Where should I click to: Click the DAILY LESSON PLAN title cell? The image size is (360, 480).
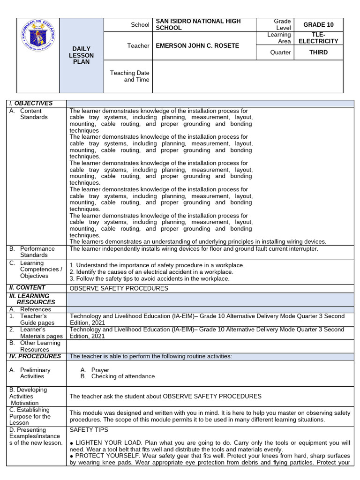pyautogui.click(x=81, y=55)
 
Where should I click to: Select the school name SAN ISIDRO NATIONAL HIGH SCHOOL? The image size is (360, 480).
pyautogui.click(x=198, y=24)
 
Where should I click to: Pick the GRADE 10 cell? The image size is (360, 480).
pyautogui.click(x=318, y=25)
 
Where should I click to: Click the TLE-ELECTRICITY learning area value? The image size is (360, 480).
pyautogui.click(x=318, y=38)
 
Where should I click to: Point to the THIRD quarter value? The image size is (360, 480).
pyautogui.click(x=318, y=52)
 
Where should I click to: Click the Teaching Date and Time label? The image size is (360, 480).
pyautogui.click(x=130, y=76)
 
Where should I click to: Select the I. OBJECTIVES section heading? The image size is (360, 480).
pyautogui.click(x=31, y=103)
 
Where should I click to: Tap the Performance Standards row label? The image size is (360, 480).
pyautogui.click(x=37, y=252)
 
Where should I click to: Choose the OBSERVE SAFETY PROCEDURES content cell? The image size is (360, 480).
pyautogui.click(x=119, y=288)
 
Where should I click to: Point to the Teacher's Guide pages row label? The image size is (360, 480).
pyautogui.click(x=38, y=320)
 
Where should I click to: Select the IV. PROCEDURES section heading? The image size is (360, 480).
pyautogui.click(x=35, y=356)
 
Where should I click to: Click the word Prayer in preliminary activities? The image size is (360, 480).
pyautogui.click(x=100, y=370)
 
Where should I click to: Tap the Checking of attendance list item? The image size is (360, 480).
pyautogui.click(x=122, y=376)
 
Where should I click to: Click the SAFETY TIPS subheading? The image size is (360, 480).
pyautogui.click(x=89, y=429)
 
